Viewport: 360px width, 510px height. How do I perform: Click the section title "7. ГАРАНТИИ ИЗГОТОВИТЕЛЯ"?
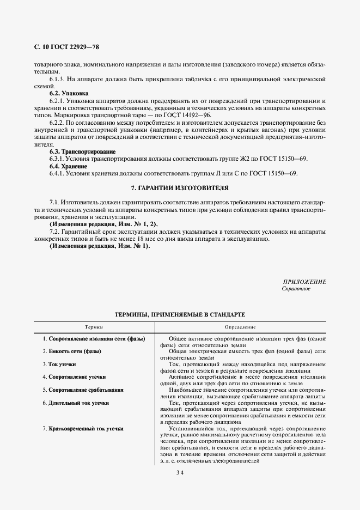pyautogui.click(x=180, y=187)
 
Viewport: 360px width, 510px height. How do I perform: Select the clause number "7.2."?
pyautogui.click(x=55, y=232)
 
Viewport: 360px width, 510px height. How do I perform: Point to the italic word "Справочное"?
pyautogui.click(x=296, y=289)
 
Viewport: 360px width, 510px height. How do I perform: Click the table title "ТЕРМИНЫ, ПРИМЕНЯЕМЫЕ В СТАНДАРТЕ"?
pyautogui.click(x=180, y=315)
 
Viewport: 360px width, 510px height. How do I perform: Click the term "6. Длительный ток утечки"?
pyautogui.click(x=76, y=403)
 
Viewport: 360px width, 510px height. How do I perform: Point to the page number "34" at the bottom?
pyautogui.click(x=180, y=472)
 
